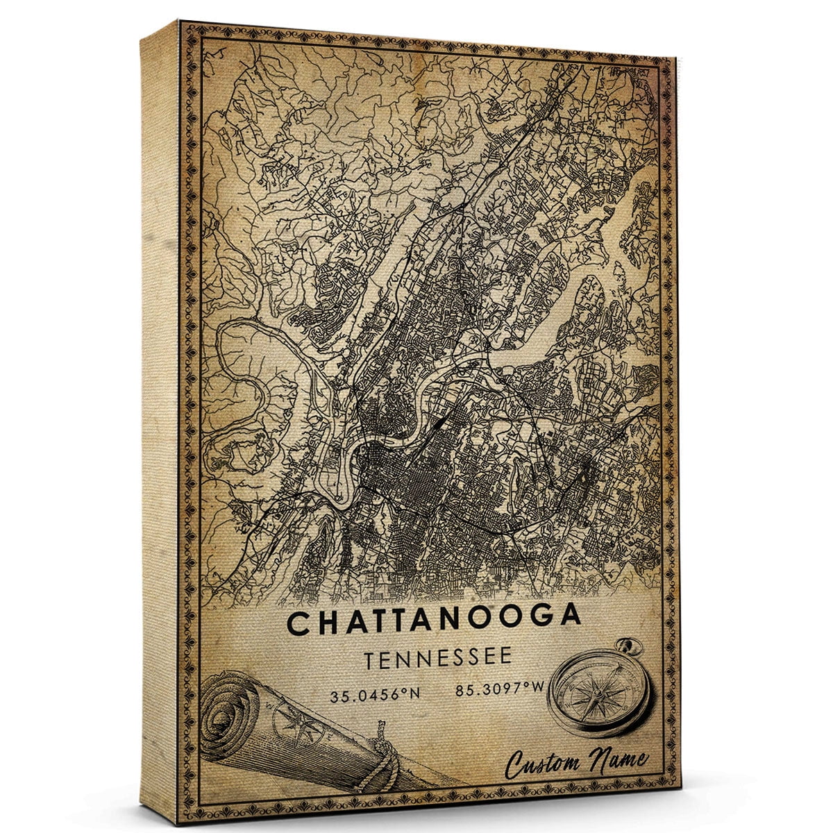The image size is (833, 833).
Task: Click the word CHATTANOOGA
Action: coord(434,622)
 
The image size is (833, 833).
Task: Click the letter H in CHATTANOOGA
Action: coord(326,623)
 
